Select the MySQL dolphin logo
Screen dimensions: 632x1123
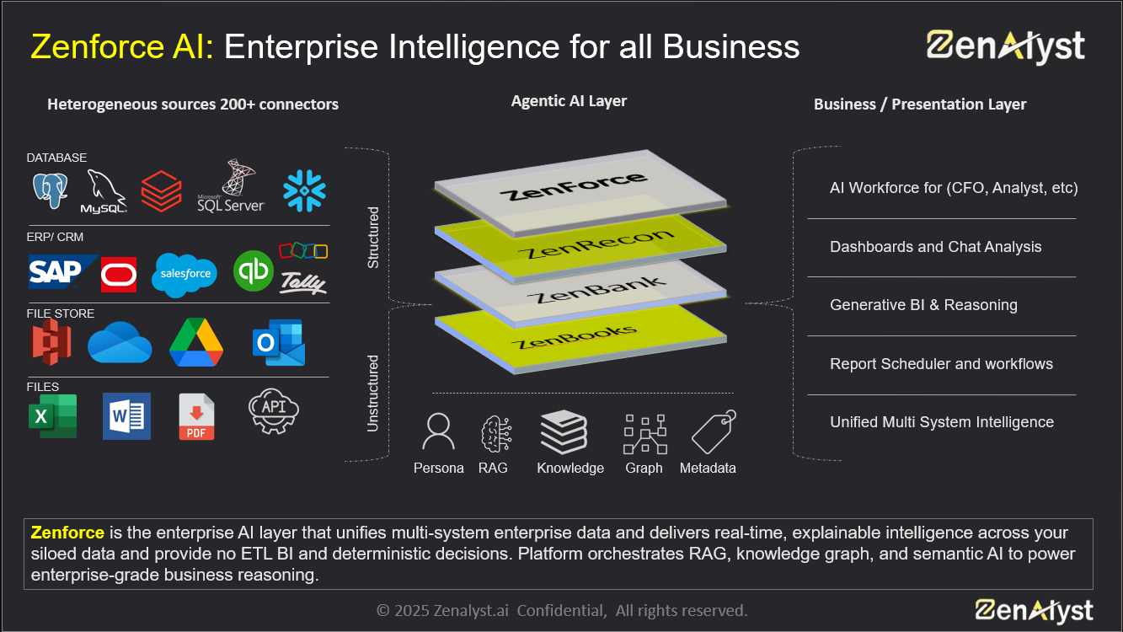tap(104, 191)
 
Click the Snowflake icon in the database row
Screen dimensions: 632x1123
tap(304, 190)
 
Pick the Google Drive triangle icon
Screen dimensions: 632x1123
tap(196, 342)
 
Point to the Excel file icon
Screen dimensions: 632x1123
tap(52, 416)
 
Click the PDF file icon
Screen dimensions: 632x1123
tap(196, 417)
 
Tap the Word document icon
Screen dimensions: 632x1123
tap(126, 415)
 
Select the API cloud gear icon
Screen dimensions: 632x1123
tap(274, 410)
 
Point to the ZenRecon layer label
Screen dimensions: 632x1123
tap(595, 244)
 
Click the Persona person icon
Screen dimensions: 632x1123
tap(438, 432)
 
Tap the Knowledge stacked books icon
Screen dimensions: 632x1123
tap(564, 432)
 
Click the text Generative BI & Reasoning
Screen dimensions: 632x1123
tap(923, 305)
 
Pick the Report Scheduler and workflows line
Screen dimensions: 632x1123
tap(941, 364)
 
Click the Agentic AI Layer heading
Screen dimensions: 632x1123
tap(569, 101)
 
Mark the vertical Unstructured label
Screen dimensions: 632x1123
tap(373, 394)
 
